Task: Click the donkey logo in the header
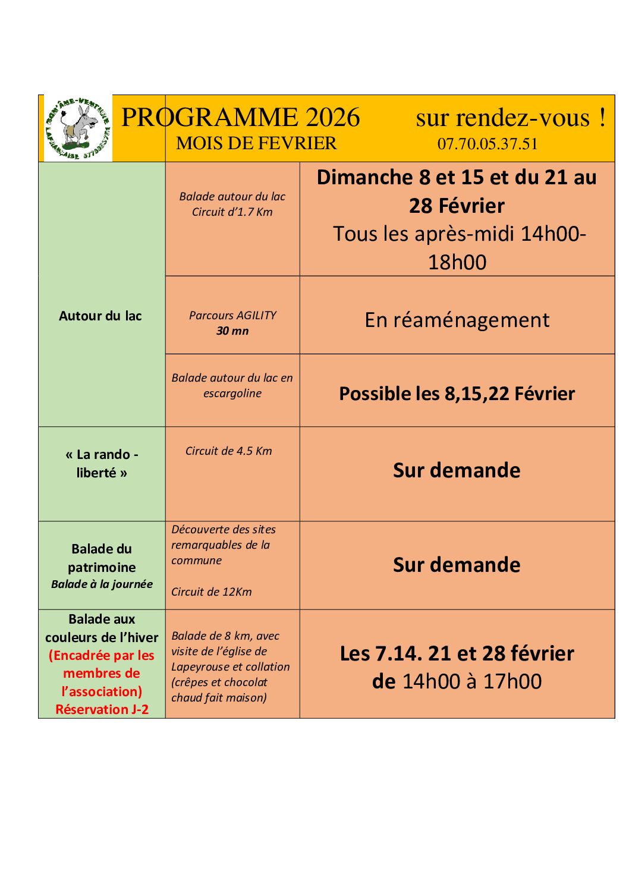78,128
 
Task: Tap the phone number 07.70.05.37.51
487,144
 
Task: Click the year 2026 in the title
332,117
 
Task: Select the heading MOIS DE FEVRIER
256,143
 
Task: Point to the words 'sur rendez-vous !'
510,118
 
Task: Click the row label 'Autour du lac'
100,316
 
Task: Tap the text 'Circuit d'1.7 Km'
232,212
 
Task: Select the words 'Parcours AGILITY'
232,315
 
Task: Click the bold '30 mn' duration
232,331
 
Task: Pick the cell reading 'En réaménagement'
457,320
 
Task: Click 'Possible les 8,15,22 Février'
457,394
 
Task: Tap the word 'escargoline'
232,393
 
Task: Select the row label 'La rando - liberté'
102,463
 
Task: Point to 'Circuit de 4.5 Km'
228,451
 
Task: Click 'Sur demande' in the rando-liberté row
457,470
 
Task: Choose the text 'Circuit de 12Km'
211,592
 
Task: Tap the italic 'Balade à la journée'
102,584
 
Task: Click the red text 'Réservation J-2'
102,709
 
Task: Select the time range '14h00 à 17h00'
472,681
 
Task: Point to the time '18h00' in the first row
457,262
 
